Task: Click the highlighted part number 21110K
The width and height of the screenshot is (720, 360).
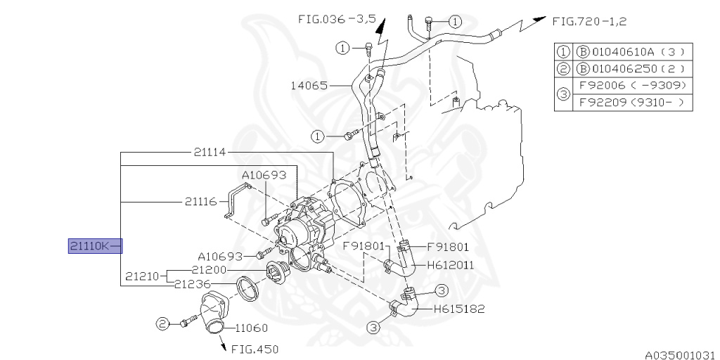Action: click(x=89, y=245)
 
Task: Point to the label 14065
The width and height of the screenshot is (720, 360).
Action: click(x=309, y=86)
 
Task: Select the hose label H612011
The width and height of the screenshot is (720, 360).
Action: click(x=450, y=265)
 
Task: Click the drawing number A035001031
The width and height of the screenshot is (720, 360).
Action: click(x=681, y=354)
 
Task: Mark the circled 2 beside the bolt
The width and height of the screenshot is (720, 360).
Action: click(x=162, y=323)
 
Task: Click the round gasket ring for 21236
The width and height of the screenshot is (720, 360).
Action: click(x=246, y=288)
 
